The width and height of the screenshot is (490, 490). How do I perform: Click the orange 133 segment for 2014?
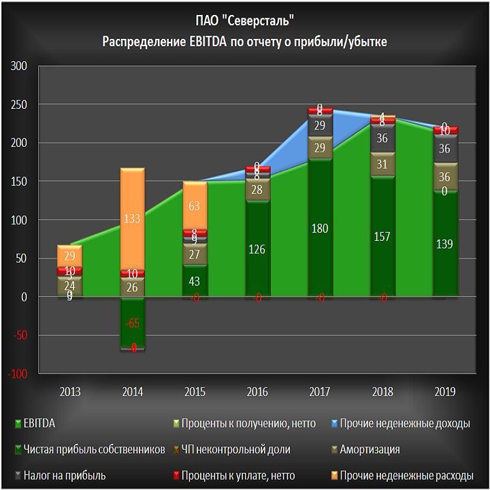[x=132, y=218]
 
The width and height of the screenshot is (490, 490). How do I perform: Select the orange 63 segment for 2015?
[x=195, y=206]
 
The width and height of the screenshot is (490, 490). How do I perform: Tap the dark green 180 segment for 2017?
[x=320, y=228]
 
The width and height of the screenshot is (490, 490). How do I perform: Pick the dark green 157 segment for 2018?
[x=382, y=236]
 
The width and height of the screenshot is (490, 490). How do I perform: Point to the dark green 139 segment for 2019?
[x=445, y=244]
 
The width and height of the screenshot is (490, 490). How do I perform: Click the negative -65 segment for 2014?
[x=132, y=323]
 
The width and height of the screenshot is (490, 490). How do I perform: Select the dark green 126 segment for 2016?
[x=257, y=248]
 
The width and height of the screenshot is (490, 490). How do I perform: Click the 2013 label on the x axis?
[x=70, y=392]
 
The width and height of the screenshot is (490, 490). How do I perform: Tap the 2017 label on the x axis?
[x=320, y=392]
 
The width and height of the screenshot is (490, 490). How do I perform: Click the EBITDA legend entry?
[x=39, y=424]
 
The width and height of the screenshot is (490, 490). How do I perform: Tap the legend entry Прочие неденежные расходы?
[x=406, y=476]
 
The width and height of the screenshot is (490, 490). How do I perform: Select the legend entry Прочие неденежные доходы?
[x=404, y=424]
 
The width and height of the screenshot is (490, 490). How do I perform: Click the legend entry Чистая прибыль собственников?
[x=94, y=450]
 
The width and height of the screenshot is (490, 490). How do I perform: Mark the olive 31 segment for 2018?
[x=382, y=164]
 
